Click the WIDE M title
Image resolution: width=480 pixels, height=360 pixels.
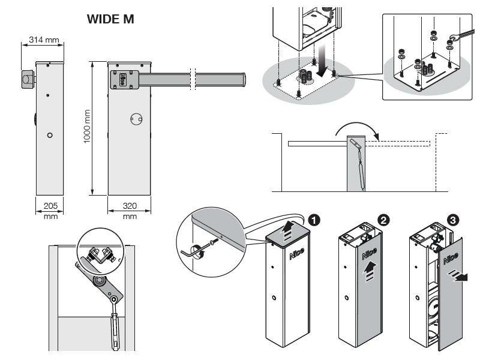[112, 20]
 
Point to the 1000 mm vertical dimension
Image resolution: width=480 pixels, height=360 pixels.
[86, 127]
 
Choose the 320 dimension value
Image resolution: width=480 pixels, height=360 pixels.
[130, 206]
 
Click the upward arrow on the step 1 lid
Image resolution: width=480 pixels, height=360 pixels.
[289, 229]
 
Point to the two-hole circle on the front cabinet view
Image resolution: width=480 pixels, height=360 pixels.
[136, 120]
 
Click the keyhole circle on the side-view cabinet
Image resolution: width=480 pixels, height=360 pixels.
[49, 135]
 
